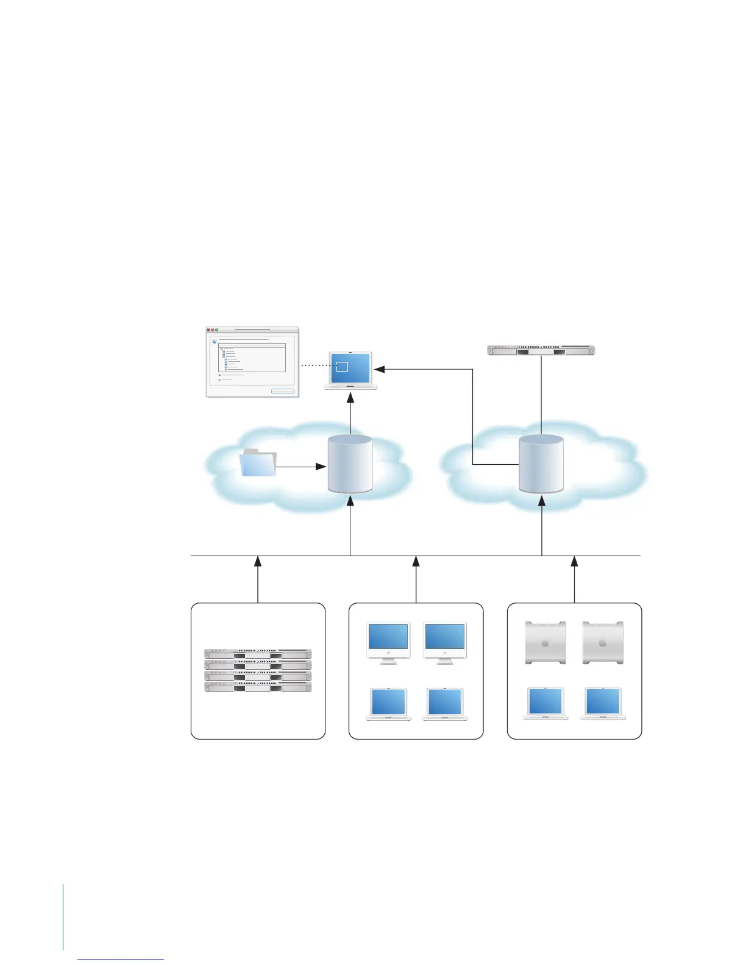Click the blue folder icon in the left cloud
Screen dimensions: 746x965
(x=258, y=463)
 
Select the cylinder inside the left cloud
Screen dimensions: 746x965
(x=350, y=464)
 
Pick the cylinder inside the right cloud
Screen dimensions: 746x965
(x=541, y=464)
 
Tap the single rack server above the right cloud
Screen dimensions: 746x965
(x=541, y=350)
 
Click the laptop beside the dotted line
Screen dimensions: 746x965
(x=350, y=370)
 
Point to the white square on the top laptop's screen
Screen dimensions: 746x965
(x=342, y=366)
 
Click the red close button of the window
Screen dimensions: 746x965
(x=208, y=330)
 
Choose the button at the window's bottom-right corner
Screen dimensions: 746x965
(x=283, y=391)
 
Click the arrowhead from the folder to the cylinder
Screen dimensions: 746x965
(x=321, y=467)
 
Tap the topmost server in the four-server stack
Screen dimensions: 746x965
(x=258, y=654)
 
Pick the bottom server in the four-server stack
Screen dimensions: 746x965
(x=258, y=687)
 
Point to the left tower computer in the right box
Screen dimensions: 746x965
(x=546, y=642)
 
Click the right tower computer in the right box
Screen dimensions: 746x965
(x=603, y=642)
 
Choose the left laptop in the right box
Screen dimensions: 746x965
(x=546, y=704)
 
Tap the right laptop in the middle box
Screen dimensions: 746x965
(x=445, y=704)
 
